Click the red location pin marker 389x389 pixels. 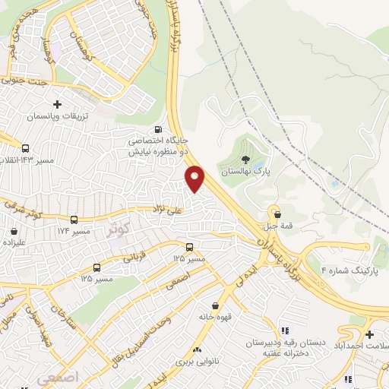(x=195, y=178)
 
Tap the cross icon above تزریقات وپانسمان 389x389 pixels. (x=57, y=104)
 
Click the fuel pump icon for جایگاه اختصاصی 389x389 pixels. (x=158, y=129)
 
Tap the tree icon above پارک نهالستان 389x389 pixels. (x=245, y=160)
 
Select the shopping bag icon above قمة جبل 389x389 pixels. (x=276, y=213)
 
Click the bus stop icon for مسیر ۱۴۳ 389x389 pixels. (x=27, y=149)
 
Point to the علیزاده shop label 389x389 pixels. (x=14, y=243)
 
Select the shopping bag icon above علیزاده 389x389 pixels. (x=14, y=231)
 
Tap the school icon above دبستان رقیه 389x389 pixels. (x=285, y=330)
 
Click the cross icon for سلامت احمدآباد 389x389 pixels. (x=369, y=334)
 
